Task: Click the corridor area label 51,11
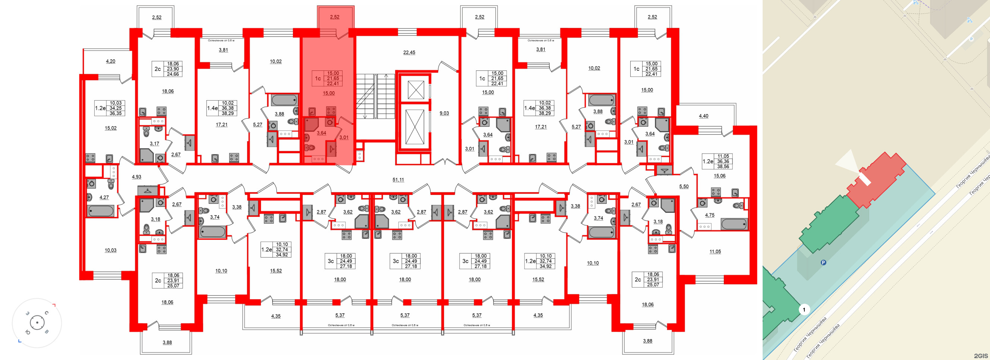click(398, 179)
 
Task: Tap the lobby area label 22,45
click(409, 52)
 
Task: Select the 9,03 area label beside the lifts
click(444, 113)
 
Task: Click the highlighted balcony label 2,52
click(334, 17)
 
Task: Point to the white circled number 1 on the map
click(804, 309)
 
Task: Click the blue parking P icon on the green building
click(823, 263)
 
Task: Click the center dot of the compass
click(37, 323)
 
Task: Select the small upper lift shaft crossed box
click(416, 90)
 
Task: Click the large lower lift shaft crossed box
click(415, 127)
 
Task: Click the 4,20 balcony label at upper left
click(110, 61)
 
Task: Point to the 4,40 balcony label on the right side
click(703, 116)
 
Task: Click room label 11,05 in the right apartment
click(715, 252)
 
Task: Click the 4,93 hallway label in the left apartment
click(136, 177)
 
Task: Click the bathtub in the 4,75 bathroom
click(734, 224)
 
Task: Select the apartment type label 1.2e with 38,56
click(707, 161)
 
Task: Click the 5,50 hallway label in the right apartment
click(684, 186)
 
